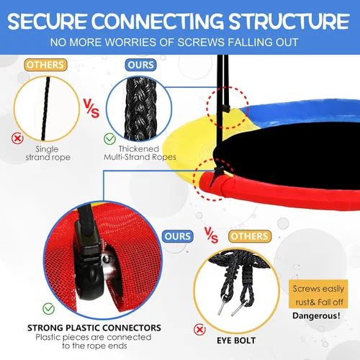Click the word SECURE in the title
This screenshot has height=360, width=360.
tap(47, 22)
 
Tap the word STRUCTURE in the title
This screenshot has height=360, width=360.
tap(289, 22)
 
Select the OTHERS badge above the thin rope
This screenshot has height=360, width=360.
tap(45, 65)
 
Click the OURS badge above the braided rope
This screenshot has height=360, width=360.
tap(140, 65)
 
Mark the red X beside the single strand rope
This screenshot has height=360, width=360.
tap(17, 138)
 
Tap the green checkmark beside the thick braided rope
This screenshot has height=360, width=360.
tap(109, 139)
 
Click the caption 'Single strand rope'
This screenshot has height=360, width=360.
tap(48, 153)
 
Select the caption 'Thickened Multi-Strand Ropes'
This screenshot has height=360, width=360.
tap(140, 153)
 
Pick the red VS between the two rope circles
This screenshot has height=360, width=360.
tap(91, 108)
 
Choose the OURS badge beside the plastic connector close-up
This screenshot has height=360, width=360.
tap(178, 236)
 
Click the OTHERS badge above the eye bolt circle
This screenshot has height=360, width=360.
tap(250, 236)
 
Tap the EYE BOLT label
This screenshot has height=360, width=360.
tap(236, 341)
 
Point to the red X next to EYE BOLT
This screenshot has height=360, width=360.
tap(199, 330)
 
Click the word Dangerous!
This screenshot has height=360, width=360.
tap(316, 315)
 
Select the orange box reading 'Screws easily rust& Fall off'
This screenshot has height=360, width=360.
tap(318, 294)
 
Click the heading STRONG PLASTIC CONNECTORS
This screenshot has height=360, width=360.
tap(94, 328)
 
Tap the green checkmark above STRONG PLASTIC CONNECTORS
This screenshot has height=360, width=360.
tap(49, 309)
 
